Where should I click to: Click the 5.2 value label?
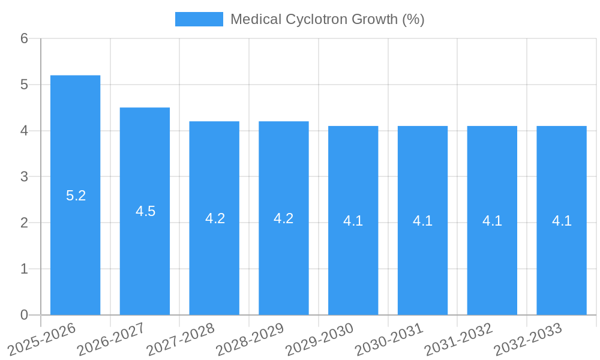[x=76, y=196]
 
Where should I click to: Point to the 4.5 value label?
[x=145, y=211]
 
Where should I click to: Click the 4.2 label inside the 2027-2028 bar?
[x=215, y=218]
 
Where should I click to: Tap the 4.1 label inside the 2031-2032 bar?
[x=492, y=221]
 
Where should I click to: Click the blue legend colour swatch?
[x=199, y=19]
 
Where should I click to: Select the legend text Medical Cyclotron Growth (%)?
[x=327, y=19]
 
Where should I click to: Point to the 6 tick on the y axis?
[x=24, y=38]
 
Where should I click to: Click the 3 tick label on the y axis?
[x=24, y=177]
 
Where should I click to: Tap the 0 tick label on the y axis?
[x=24, y=315]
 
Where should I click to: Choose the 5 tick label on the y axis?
[x=24, y=85]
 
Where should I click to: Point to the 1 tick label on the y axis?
[x=24, y=269]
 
